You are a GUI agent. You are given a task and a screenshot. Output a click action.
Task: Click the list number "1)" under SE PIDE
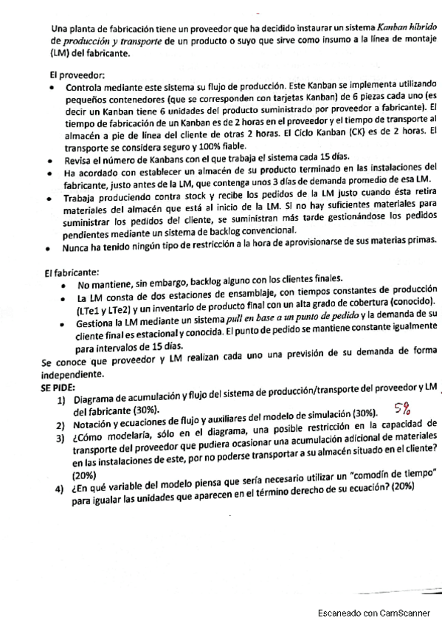coord(62,400)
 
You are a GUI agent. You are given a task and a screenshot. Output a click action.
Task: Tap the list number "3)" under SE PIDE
coord(62,438)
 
